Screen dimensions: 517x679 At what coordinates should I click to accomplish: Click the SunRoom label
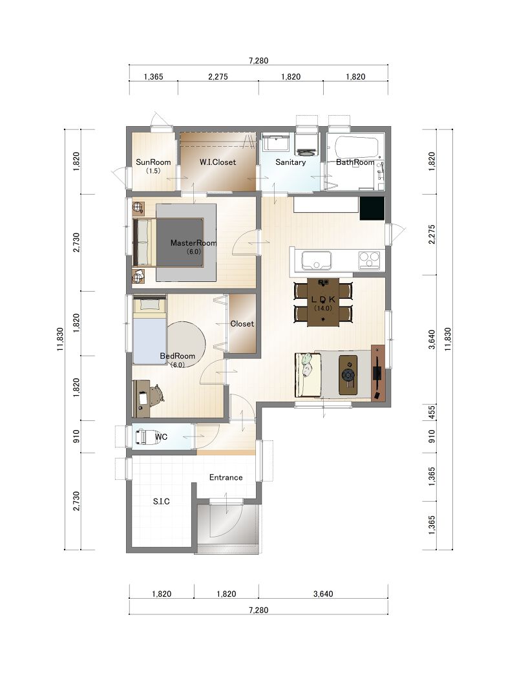pos(153,162)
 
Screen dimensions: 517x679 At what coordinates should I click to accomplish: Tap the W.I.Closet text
pos(218,162)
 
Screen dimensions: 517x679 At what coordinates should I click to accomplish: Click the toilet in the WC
pos(142,436)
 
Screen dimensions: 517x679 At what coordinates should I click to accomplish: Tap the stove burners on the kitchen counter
pos(369,261)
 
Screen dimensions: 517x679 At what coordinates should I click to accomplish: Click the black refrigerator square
pos(372,209)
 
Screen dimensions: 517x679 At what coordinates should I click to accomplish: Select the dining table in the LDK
pos(323,302)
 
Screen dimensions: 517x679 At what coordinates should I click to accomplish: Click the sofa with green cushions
pos(308,375)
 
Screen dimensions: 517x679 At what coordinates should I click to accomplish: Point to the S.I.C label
pos(162,501)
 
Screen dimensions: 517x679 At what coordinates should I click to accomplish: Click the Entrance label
pos(226,477)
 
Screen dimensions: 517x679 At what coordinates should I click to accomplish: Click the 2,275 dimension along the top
pos(218,77)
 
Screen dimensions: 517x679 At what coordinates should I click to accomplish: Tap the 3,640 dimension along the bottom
pos(323,594)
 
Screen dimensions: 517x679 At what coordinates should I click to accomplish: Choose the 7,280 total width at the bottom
pos(258,610)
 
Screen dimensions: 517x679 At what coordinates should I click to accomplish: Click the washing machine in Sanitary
pos(306,145)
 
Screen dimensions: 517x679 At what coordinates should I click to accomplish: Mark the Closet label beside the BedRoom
pos(242,323)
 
